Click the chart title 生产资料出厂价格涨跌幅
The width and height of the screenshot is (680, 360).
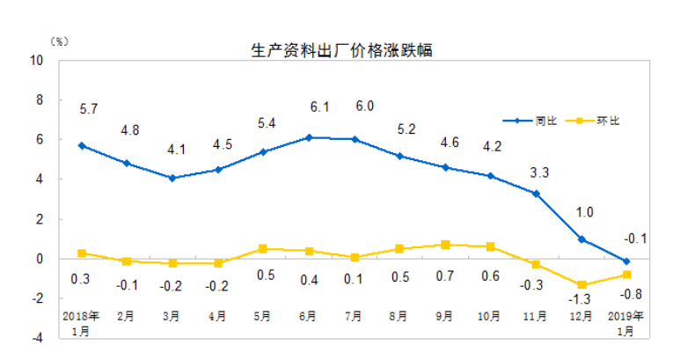click(342, 50)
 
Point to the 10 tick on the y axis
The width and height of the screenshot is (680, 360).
click(38, 61)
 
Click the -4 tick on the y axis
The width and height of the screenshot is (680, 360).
click(38, 337)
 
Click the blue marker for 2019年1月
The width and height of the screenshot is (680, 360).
click(626, 261)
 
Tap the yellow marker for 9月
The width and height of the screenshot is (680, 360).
click(445, 245)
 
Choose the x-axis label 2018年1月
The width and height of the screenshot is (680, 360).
click(81, 322)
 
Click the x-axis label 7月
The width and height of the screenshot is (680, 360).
click(354, 316)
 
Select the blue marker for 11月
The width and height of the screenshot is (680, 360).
click(536, 194)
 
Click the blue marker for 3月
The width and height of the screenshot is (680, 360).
click(172, 178)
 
